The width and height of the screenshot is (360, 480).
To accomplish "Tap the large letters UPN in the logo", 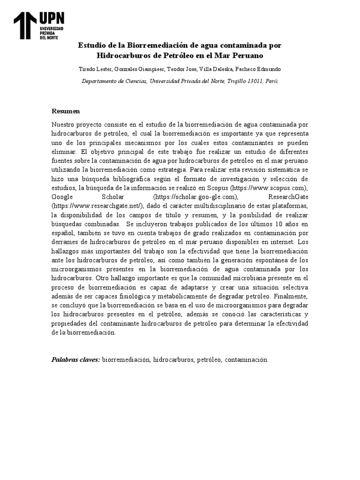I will tap(52, 18).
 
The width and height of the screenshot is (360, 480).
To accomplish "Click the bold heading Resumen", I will tap(66, 111).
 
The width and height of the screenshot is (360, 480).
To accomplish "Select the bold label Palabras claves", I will tap(75, 360).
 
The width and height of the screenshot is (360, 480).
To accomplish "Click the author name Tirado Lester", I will tap(95, 69).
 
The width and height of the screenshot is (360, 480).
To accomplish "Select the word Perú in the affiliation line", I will tap(271, 81).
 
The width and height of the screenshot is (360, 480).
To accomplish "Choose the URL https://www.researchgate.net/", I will tap(98, 205).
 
